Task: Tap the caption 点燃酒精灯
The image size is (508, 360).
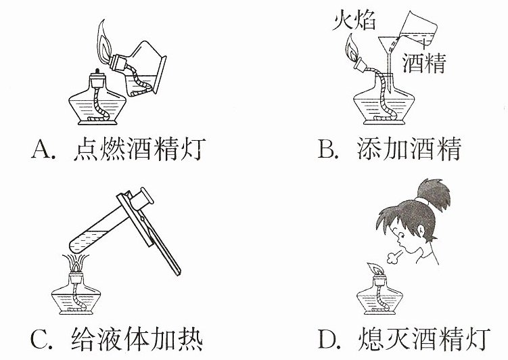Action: click(x=139, y=150)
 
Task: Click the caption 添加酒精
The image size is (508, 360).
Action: click(x=409, y=149)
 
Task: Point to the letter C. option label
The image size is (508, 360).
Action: click(x=41, y=339)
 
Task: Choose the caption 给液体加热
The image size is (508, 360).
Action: click(x=137, y=339)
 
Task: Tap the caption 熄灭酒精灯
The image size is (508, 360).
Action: click(x=423, y=339)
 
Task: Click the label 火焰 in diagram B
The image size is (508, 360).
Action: click(x=354, y=20)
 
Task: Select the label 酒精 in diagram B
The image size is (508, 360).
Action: click(x=424, y=62)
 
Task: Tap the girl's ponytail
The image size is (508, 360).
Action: click(x=434, y=194)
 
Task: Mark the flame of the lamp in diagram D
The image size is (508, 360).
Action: click(x=375, y=269)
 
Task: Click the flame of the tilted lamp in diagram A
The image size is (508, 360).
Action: click(x=105, y=41)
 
